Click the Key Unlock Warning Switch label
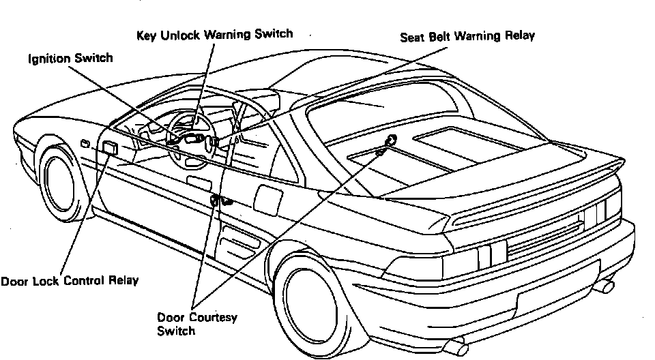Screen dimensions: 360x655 coord(214,33)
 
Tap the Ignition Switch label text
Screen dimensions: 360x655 coord(70,59)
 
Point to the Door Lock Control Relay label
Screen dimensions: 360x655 coord(70,280)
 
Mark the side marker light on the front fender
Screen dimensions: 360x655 coord(85,143)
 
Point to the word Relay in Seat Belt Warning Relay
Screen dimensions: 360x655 coord(521,36)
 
